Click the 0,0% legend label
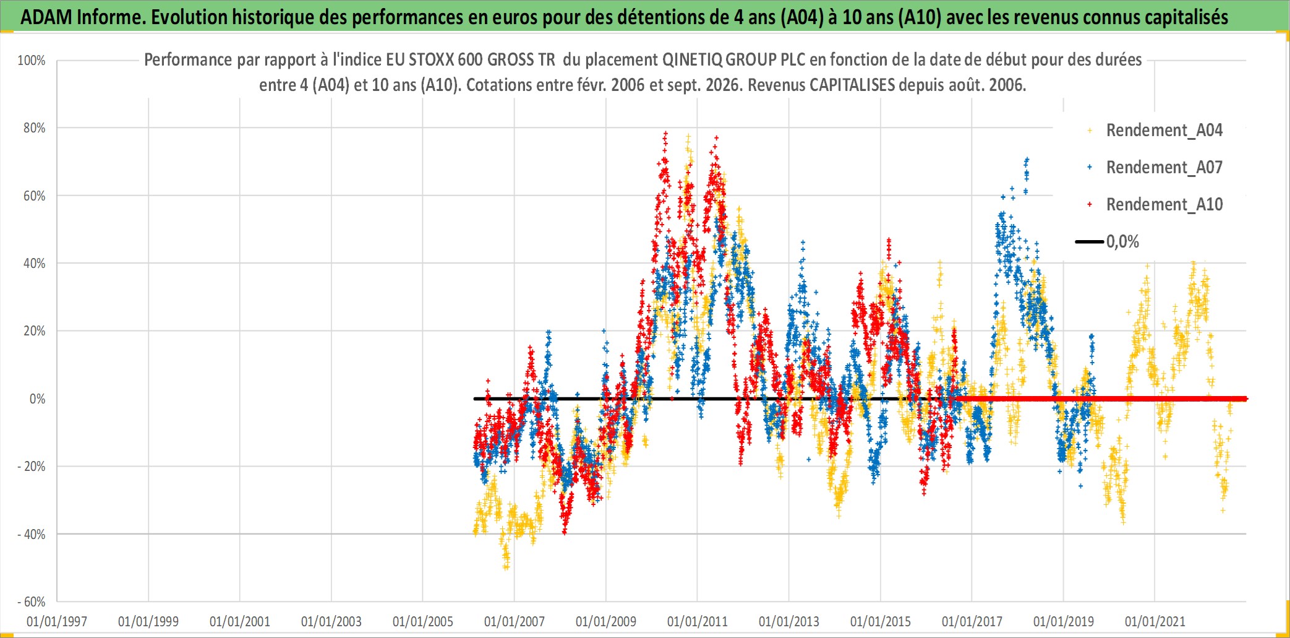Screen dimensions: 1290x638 coord(1122,241)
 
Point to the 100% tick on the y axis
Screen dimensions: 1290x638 coord(32,61)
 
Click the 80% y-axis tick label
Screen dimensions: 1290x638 coord(34,128)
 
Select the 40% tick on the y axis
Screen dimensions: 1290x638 coord(34,264)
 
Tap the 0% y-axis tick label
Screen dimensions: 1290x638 coord(37,399)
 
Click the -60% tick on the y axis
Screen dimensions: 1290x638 coord(32,602)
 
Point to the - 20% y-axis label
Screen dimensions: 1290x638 coord(32,467)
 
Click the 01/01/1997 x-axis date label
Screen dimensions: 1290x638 coord(57,621)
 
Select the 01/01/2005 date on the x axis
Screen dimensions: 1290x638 coord(423,621)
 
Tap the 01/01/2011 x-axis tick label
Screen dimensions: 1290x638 coord(698,621)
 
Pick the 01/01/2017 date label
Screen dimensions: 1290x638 coord(972,621)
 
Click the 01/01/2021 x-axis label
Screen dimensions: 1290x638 coord(1155,621)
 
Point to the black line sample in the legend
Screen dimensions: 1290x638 coord(1090,241)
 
